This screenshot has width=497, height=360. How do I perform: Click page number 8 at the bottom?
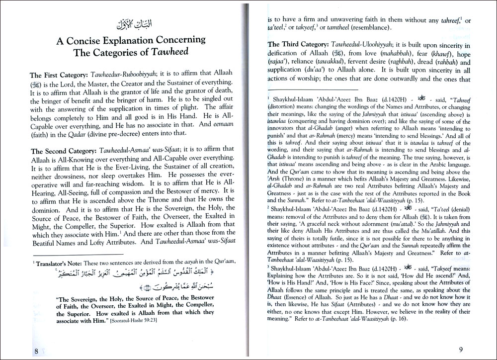coord(37,351)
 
